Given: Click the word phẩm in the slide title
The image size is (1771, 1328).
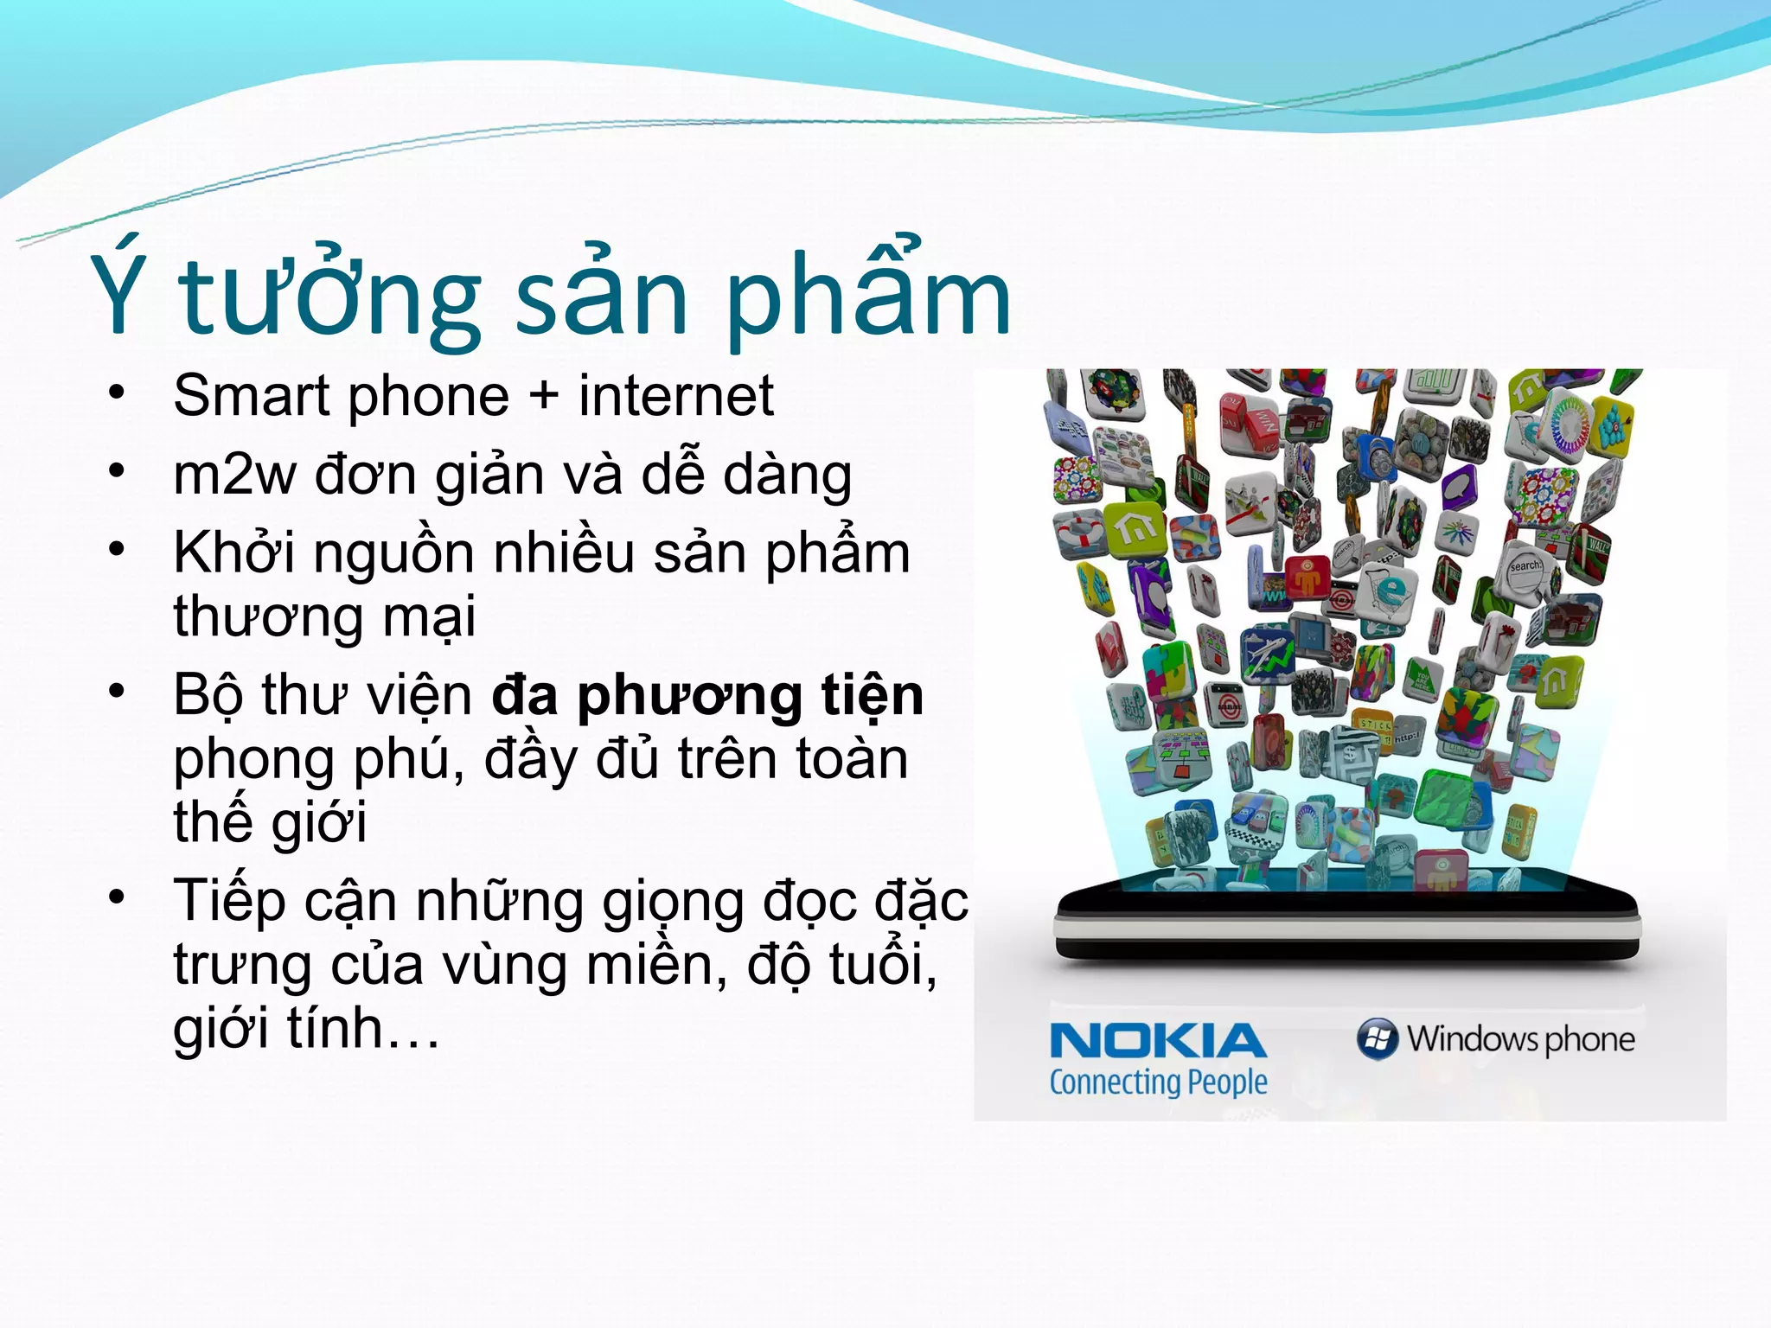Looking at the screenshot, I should click(868, 294).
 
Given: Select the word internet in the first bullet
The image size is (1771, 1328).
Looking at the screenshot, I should click(675, 396).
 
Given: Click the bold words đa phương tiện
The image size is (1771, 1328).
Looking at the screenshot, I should click(707, 695).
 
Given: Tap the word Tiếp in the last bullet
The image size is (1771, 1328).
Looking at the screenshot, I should click(229, 901).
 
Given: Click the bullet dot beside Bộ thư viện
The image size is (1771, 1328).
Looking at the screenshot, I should click(118, 692).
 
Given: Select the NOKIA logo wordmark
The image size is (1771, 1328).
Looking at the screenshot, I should click(1158, 1041).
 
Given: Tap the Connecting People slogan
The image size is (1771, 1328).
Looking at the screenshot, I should click(1158, 1082).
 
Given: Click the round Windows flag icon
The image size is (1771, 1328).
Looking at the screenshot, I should click(1377, 1038).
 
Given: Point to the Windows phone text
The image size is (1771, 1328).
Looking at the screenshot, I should click(1520, 1039).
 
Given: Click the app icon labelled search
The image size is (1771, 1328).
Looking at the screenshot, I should click(1524, 567).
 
